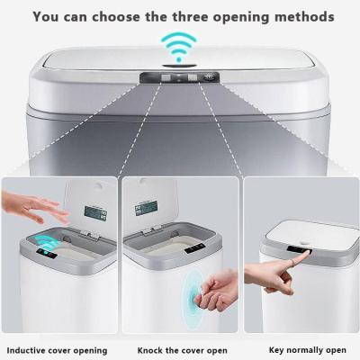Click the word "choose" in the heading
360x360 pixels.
[x=116, y=16]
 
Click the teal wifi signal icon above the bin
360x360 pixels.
[x=179, y=48]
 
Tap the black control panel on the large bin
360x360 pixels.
[x=180, y=78]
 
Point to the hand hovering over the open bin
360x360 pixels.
[x=34, y=207]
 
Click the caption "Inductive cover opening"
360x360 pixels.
[x=57, y=350]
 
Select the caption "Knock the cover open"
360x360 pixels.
[x=183, y=350]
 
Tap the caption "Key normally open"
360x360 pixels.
[x=308, y=350]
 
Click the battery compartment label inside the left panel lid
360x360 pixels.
[x=95, y=213]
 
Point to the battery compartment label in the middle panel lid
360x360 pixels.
[x=147, y=208]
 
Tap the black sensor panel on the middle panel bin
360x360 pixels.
[x=195, y=248]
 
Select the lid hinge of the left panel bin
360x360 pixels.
[x=89, y=234]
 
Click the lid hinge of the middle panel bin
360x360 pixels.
[x=152, y=230]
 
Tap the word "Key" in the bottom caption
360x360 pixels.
[x=276, y=350]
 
